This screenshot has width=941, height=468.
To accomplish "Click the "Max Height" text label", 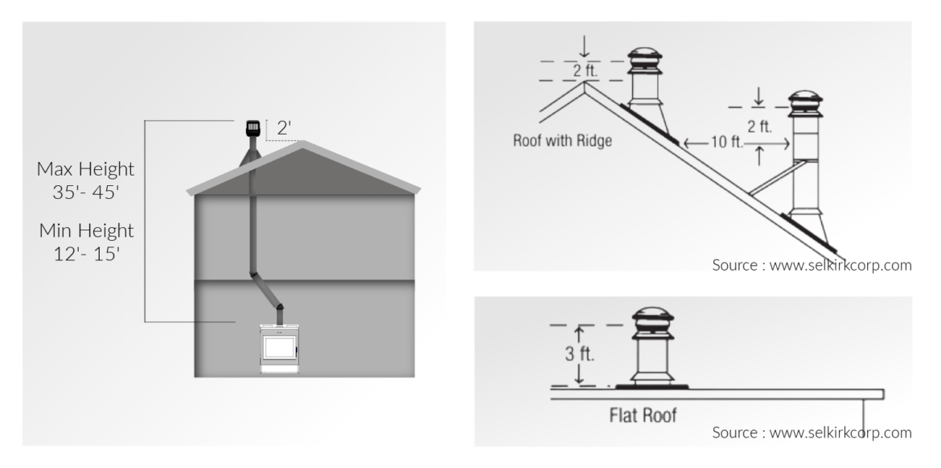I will [x=85, y=169].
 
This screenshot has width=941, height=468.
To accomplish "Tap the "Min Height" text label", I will [x=85, y=232].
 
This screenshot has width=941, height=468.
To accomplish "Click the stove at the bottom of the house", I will [x=281, y=349].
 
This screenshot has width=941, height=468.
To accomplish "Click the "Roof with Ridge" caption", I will [x=562, y=140].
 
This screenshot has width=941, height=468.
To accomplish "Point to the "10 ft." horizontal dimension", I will [x=718, y=143].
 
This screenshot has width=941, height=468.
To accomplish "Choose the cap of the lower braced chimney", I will [x=805, y=102].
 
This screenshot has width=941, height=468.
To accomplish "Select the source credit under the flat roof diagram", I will [x=812, y=433].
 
